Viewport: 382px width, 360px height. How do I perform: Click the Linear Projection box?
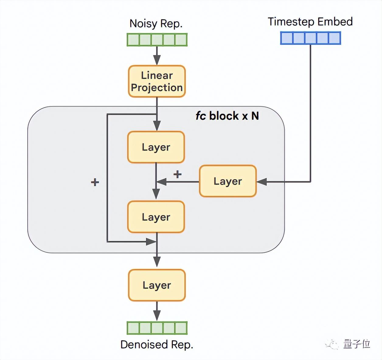click(x=157, y=81)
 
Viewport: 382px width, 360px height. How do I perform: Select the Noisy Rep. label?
click(x=156, y=24)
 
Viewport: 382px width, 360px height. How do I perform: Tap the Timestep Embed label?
click(x=310, y=22)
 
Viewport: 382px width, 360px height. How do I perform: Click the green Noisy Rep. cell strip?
click(x=157, y=40)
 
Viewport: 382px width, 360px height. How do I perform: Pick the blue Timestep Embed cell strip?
click(x=310, y=38)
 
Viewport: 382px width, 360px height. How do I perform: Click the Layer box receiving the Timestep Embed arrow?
click(x=228, y=181)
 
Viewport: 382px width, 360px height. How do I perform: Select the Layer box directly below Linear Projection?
click(x=156, y=147)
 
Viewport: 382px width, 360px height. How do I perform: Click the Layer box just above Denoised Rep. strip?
click(x=157, y=285)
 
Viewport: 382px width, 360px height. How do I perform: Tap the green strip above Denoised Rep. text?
click(x=157, y=328)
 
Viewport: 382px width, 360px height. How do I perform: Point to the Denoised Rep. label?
click(x=157, y=344)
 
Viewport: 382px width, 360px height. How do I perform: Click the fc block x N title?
click(x=227, y=116)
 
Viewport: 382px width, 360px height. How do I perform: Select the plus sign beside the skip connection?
click(x=95, y=182)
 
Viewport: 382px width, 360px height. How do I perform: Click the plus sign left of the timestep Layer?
click(x=177, y=174)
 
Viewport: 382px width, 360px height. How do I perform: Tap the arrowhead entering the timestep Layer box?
click(x=262, y=182)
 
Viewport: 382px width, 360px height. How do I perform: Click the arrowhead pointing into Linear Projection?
click(x=157, y=60)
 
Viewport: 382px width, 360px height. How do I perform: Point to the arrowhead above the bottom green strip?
click(x=157, y=315)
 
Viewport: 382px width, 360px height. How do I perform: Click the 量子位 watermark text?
click(x=356, y=344)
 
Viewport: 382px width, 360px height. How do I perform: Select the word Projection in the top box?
click(x=157, y=88)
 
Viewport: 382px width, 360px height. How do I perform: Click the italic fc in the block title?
click(x=201, y=116)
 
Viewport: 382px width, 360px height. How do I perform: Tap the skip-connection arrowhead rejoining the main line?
click(x=151, y=242)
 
